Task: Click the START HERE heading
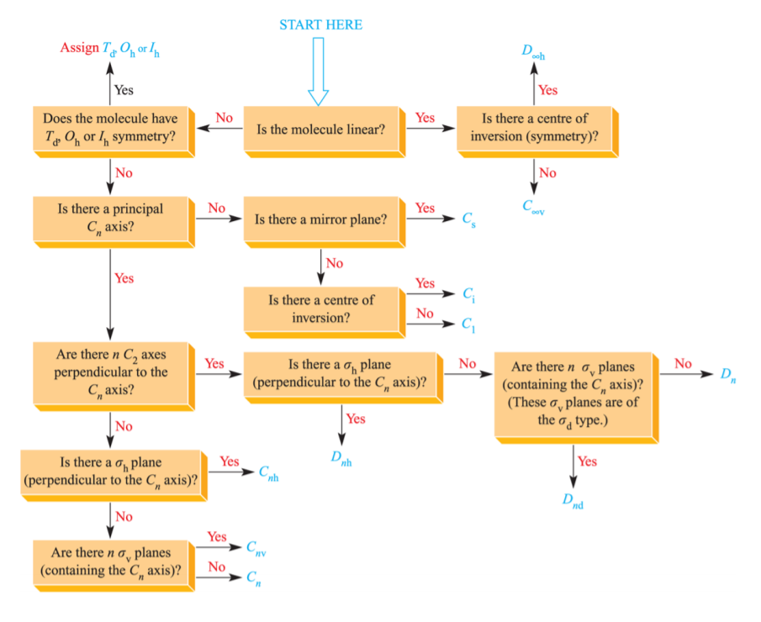point(320,24)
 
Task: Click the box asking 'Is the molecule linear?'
point(320,129)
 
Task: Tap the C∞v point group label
point(533,206)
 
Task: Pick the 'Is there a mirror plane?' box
point(320,220)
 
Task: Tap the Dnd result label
point(573,500)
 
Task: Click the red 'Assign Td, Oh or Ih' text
point(110,48)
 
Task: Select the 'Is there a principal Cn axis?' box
point(110,217)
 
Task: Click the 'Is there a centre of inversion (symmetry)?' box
point(534,128)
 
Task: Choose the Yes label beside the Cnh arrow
point(229,461)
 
